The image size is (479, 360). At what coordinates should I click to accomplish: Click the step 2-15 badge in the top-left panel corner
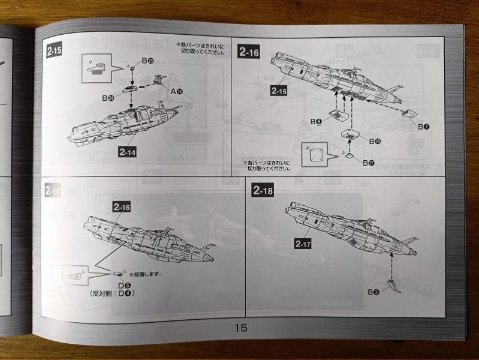tap(54, 52)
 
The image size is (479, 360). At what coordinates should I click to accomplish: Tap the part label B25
tap(147, 61)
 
